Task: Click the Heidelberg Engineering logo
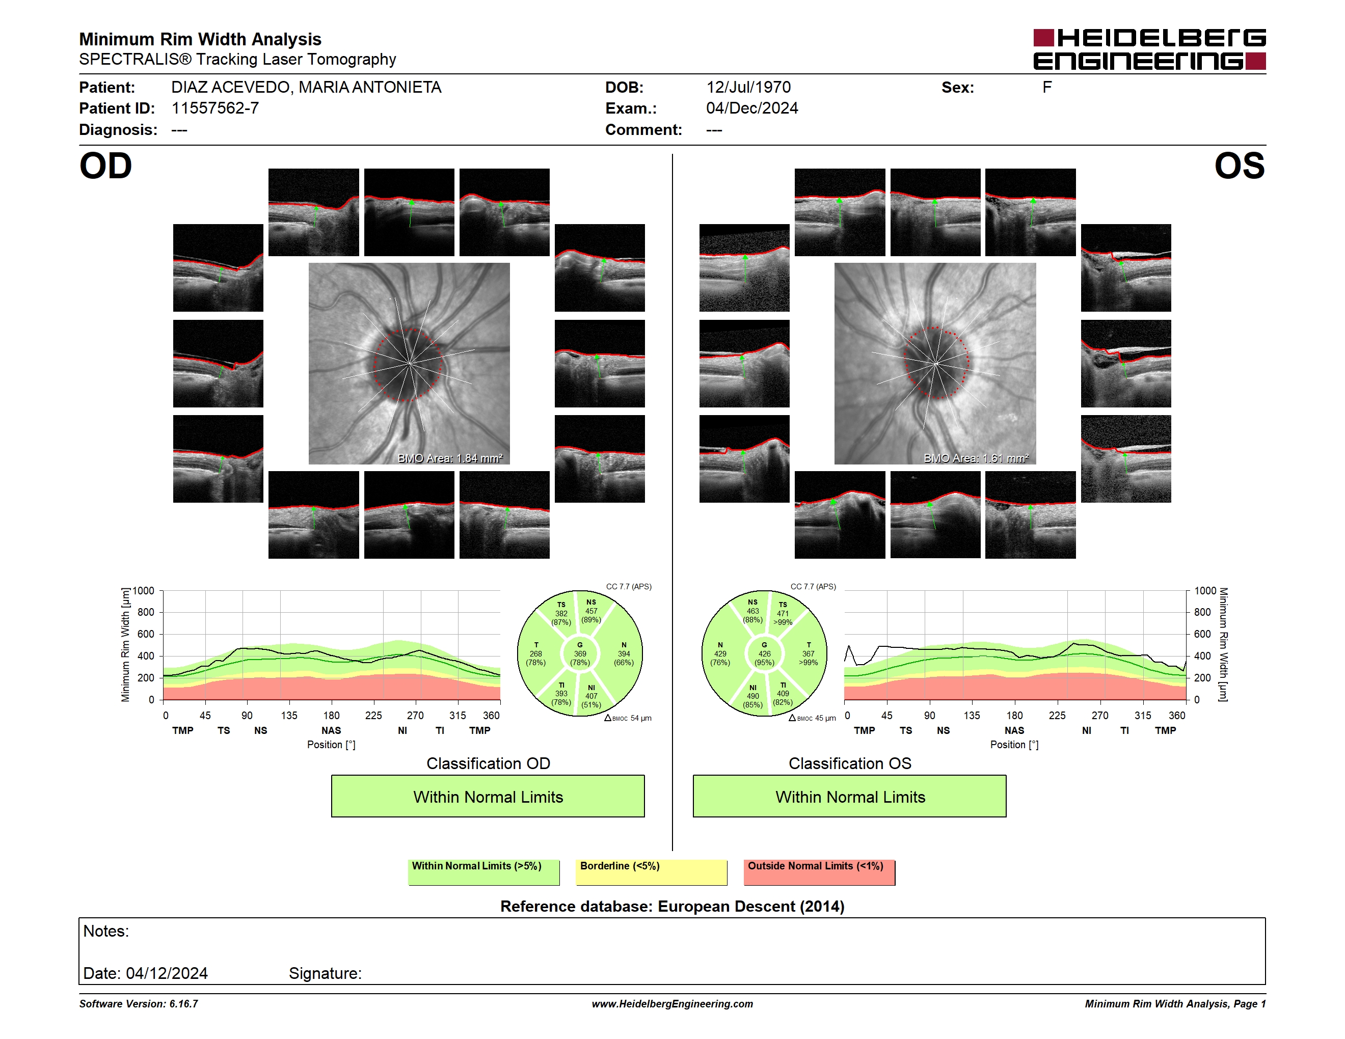point(1149,49)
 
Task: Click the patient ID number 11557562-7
point(215,108)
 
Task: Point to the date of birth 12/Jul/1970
point(748,88)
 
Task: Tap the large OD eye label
point(106,166)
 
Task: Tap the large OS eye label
point(1239,166)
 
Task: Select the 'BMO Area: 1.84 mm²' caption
point(450,458)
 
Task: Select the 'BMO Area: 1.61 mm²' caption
point(976,458)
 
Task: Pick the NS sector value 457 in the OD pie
point(591,611)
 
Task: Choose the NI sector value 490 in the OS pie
point(752,696)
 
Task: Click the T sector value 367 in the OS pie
point(808,653)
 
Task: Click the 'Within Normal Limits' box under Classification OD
point(488,797)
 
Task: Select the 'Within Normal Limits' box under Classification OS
point(850,797)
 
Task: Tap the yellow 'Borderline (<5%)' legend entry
point(652,872)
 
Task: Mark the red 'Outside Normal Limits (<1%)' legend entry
point(819,872)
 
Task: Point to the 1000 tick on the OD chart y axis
point(143,591)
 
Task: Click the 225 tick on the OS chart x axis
point(1057,715)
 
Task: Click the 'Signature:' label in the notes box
point(325,973)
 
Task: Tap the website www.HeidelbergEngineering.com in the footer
point(673,1004)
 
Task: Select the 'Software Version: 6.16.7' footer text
point(139,1004)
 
